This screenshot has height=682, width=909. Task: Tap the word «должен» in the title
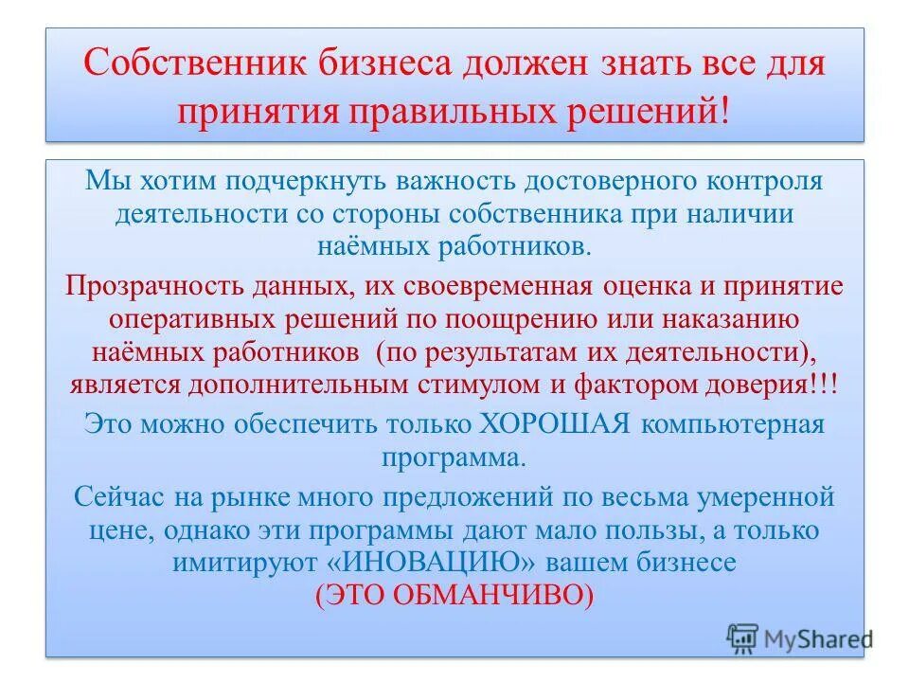[526, 67]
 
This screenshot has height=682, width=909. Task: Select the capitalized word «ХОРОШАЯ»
[560, 423]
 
